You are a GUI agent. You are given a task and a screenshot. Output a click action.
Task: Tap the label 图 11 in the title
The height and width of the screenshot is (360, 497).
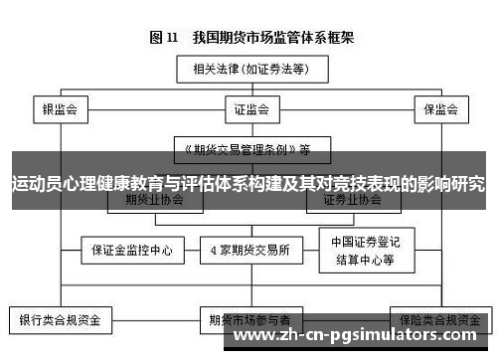(x=164, y=39)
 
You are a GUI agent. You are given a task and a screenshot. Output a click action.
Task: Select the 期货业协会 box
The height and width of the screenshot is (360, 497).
(x=155, y=199)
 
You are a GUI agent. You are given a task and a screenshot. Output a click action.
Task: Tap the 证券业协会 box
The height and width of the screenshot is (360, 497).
(x=354, y=199)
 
